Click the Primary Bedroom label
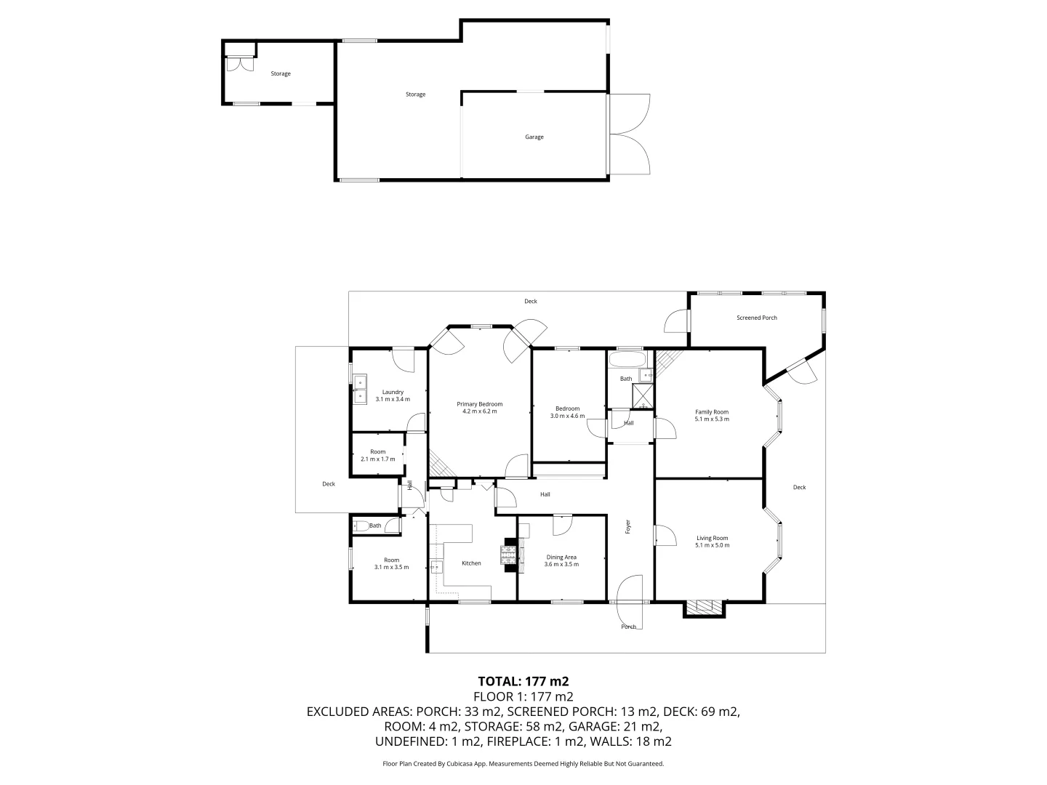[x=479, y=404]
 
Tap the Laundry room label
[x=393, y=392]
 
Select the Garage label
[x=534, y=137]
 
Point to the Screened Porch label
[x=756, y=318]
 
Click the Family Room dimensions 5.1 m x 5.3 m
[x=712, y=419]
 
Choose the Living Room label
[x=712, y=538]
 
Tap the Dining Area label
[x=561, y=557]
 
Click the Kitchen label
[x=471, y=563]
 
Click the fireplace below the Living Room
[x=704, y=607]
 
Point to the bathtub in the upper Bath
[x=626, y=360]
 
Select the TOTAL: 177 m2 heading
[x=523, y=681]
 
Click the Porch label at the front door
[x=628, y=627]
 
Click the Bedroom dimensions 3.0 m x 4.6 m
[x=567, y=416]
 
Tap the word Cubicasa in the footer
[x=454, y=764]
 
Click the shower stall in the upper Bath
[x=643, y=395]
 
